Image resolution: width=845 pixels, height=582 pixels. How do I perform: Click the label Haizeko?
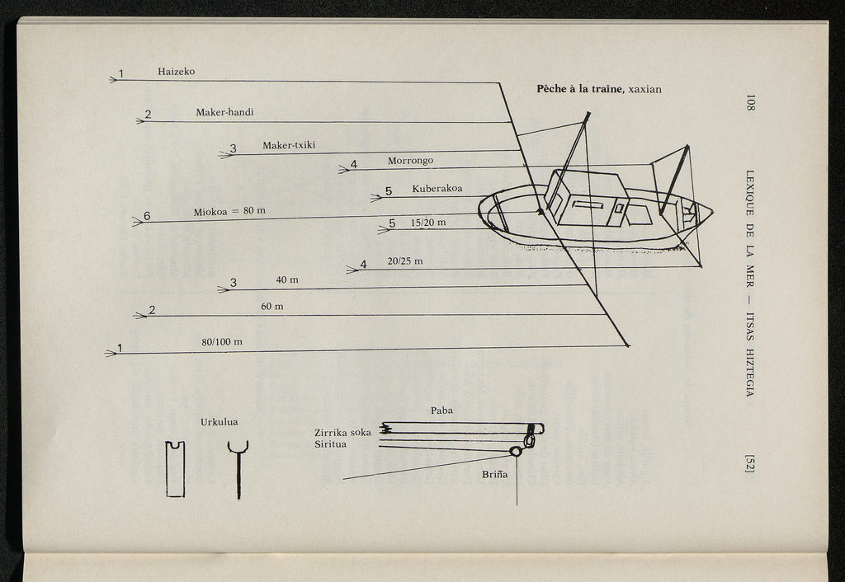(x=176, y=72)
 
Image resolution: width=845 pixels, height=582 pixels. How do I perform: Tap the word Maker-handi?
(x=224, y=112)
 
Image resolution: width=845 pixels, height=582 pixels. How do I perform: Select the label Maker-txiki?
(x=289, y=146)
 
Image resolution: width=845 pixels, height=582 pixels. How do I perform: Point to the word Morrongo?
(x=410, y=161)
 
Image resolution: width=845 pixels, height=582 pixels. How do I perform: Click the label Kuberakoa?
(x=437, y=189)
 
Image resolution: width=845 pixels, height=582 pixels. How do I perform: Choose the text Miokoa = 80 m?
(x=229, y=212)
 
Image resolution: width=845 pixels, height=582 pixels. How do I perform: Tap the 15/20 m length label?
(x=428, y=223)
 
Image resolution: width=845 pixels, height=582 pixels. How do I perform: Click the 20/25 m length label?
(x=405, y=261)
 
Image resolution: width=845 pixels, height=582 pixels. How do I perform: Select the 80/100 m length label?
(x=222, y=341)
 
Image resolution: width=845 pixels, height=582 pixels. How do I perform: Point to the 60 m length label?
(x=272, y=307)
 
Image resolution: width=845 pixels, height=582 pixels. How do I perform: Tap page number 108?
(x=750, y=103)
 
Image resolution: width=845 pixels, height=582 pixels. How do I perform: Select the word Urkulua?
(x=219, y=422)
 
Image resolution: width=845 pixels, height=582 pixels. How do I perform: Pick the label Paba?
(x=441, y=411)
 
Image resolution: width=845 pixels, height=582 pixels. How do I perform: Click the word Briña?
(x=494, y=475)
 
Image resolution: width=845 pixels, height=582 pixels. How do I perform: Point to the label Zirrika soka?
(x=342, y=433)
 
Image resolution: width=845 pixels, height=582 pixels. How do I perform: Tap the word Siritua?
(x=330, y=444)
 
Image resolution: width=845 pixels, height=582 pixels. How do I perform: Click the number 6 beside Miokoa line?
(x=147, y=216)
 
